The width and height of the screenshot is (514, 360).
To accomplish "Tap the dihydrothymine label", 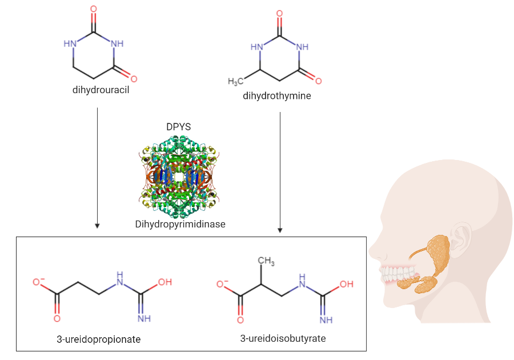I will click(277, 96).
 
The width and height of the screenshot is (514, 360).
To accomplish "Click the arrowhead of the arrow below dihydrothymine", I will click(280, 230).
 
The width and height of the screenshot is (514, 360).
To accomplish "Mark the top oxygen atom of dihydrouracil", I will click(94, 10).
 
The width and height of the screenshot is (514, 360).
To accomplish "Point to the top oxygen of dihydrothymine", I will click(279, 13).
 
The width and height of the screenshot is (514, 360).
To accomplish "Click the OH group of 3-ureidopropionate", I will click(165, 282).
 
